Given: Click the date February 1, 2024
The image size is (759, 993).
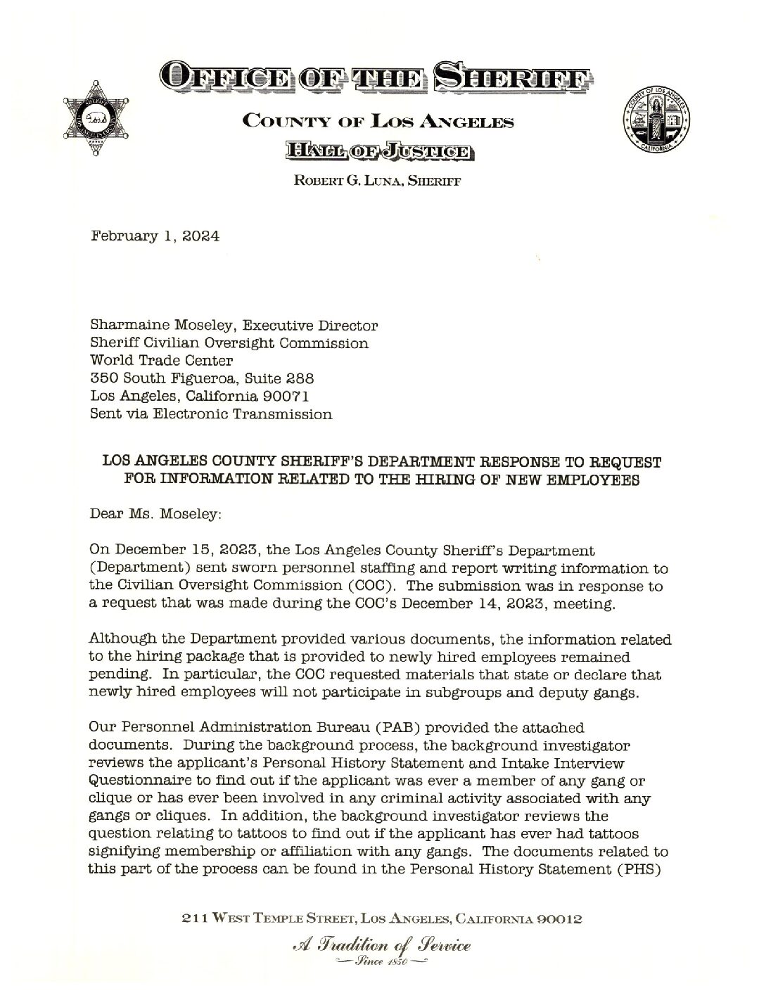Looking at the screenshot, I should pos(155,236).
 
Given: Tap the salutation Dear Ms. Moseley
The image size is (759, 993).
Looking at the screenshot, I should pos(155,514).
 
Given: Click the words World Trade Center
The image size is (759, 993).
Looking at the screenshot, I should pos(161,361).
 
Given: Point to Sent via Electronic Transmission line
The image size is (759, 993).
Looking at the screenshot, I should pos(211,414).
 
